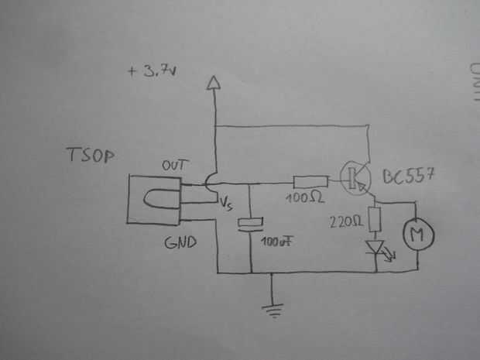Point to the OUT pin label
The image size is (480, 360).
[x=175, y=166]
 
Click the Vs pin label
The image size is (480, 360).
[x=226, y=204]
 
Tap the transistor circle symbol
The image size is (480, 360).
[x=355, y=177]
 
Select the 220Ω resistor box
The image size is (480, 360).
[x=376, y=220]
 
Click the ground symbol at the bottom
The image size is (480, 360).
[x=272, y=309]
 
